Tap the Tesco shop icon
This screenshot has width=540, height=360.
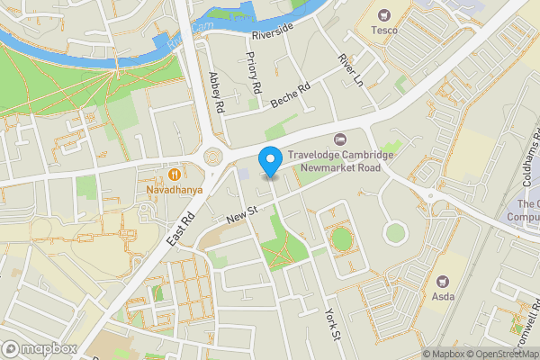click(384, 14)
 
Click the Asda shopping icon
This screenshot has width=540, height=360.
click(442, 281)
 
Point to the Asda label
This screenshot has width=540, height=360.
click(442, 296)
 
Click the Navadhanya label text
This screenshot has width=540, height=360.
click(175, 191)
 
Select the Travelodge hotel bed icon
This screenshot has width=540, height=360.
click(339, 139)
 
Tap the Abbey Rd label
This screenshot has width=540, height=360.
click(215, 93)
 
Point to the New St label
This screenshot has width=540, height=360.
click(243, 214)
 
